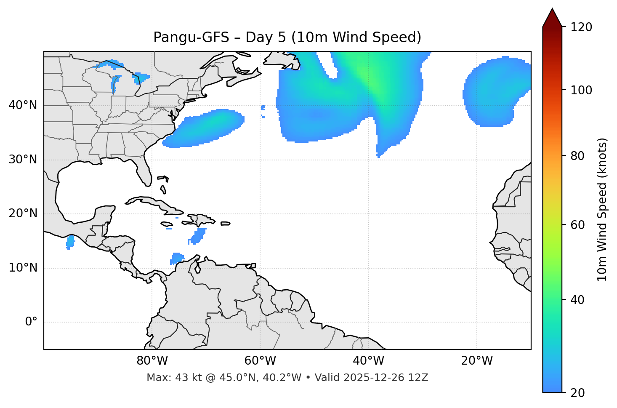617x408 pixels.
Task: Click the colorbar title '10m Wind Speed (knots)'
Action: [602, 210]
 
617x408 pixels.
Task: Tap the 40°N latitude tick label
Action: [23, 105]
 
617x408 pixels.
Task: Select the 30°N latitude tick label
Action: [23, 160]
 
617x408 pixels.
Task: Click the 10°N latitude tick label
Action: [23, 268]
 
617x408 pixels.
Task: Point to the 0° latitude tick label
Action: [31, 322]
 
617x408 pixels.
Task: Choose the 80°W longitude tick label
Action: [152, 361]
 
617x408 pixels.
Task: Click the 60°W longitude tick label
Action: [260, 361]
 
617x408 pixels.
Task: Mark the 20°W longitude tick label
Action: [477, 361]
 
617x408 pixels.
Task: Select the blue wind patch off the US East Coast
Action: [205, 128]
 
